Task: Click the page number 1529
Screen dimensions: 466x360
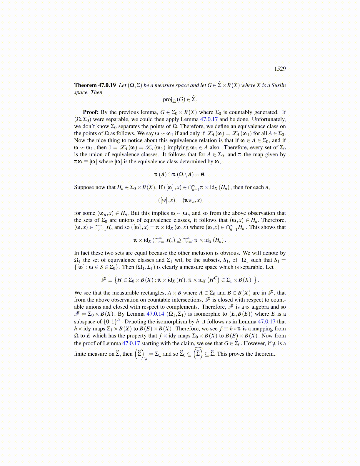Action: point(280,69)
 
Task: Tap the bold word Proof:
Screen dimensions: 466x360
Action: point(91,112)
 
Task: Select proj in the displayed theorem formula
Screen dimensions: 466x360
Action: point(167,99)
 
